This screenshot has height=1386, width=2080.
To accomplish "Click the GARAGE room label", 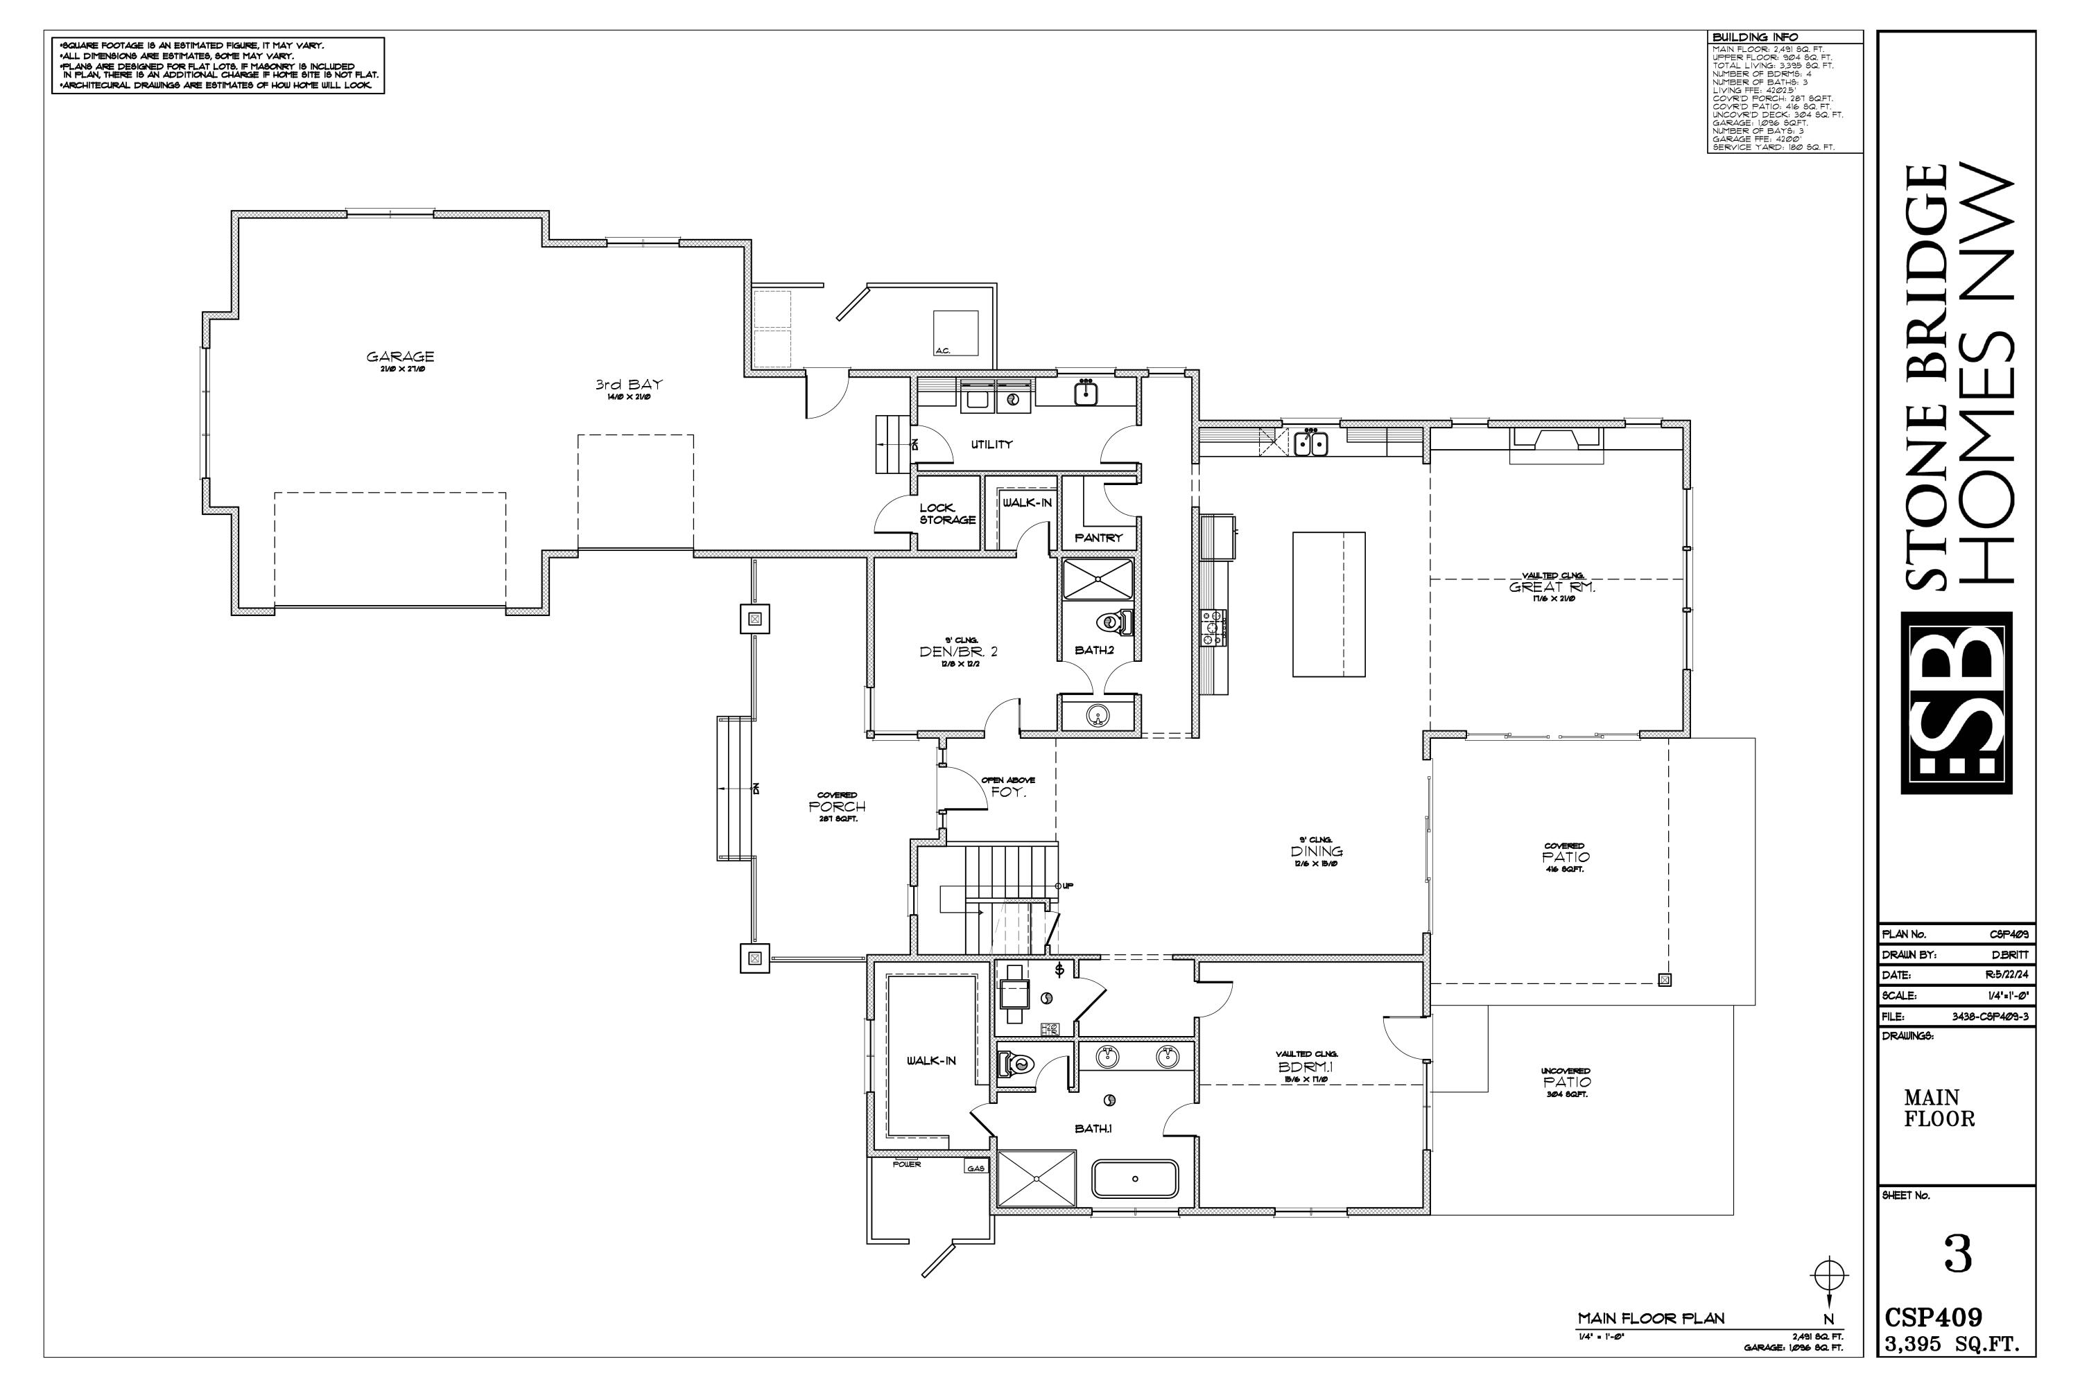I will (x=401, y=357).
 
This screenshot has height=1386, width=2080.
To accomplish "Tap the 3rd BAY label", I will (x=629, y=385).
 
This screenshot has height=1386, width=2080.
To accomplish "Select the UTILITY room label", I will (x=991, y=445).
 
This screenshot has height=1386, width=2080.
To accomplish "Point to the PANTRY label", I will (x=1098, y=538).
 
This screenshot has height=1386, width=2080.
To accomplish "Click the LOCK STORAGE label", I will (x=946, y=514).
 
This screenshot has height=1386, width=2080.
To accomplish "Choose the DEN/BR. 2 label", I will (x=959, y=651).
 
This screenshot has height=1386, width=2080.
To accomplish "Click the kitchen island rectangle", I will (x=1328, y=604).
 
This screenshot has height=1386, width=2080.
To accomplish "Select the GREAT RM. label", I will (x=1552, y=587).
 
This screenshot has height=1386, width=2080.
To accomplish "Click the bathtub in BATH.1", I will (x=1136, y=1179).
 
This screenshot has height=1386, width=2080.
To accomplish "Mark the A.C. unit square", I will (x=956, y=333).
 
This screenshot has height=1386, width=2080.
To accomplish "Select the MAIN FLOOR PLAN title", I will (x=1651, y=1319).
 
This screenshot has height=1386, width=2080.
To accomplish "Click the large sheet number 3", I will (x=1958, y=1254).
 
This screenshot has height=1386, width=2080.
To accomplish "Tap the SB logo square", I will (x=1956, y=703).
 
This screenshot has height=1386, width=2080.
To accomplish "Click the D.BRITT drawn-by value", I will (x=2009, y=955).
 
